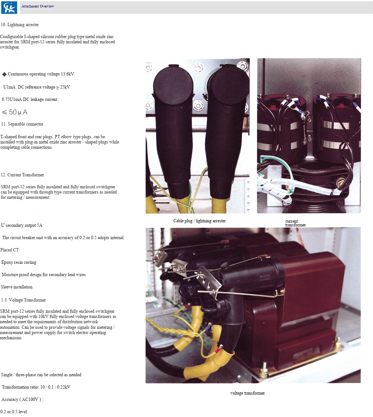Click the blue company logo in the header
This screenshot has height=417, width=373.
(x=9, y=7)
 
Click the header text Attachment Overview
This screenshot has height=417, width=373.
(x=38, y=6)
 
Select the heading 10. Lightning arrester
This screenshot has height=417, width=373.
(x=20, y=25)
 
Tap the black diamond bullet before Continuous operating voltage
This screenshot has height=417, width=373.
(x=4, y=74)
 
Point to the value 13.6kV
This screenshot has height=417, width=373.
(x=68, y=74)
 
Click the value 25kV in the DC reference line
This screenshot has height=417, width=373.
(x=65, y=87)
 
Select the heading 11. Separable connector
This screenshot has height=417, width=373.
(x=22, y=124)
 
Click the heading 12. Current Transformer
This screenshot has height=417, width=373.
(x=22, y=175)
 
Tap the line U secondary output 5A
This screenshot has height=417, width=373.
(x=22, y=226)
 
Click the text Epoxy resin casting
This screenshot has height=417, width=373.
(x=19, y=262)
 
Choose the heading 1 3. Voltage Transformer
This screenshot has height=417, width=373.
(x=23, y=300)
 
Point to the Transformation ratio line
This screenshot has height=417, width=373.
(x=36, y=387)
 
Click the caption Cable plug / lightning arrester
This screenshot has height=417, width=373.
(x=200, y=221)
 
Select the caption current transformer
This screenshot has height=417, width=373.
(x=295, y=223)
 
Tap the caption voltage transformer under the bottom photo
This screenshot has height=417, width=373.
(x=247, y=393)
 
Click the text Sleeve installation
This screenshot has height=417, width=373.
(x=16, y=287)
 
